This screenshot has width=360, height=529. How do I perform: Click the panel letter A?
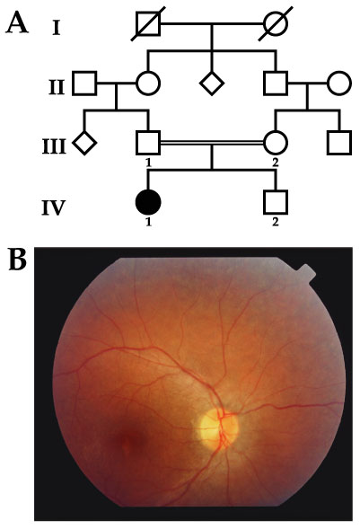click(x=17, y=23)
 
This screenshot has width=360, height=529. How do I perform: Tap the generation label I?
click(x=57, y=28)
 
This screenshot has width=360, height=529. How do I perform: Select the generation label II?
click(x=57, y=87)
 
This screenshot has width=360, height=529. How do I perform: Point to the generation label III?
click(x=54, y=147)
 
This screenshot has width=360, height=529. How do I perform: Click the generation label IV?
click(x=53, y=207)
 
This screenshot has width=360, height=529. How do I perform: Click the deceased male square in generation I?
click(x=148, y=23)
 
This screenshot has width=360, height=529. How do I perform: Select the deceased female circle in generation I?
click(x=276, y=23)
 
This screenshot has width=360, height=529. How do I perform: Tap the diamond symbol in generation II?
click(x=212, y=83)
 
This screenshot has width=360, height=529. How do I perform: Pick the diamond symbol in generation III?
click(x=84, y=143)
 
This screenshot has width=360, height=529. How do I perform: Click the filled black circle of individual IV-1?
click(x=148, y=202)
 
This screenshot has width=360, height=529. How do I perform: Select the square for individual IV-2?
click(x=276, y=202)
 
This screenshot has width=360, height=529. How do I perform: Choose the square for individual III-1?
click(x=148, y=143)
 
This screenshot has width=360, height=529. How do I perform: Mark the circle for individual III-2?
click(x=276, y=143)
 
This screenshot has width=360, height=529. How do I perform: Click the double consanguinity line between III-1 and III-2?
click(x=212, y=143)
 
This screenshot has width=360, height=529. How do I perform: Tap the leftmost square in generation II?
click(x=84, y=83)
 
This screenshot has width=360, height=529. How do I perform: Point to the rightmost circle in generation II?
click(x=339, y=83)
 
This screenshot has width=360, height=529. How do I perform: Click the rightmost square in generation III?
click(x=339, y=143)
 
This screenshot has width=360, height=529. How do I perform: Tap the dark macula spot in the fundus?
click(x=130, y=441)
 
